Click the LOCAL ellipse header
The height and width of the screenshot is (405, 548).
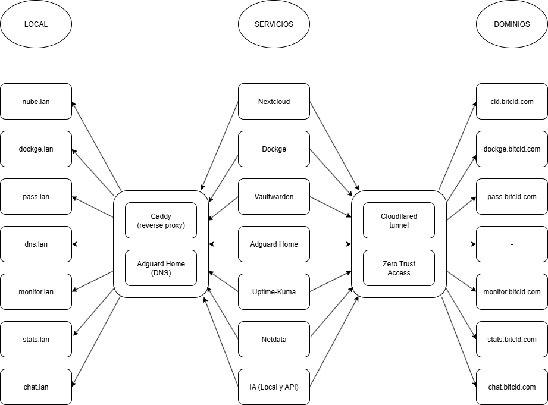36,24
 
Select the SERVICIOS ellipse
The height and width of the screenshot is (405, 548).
274,24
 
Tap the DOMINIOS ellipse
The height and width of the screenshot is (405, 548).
512,24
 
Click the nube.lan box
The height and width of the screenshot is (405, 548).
36,102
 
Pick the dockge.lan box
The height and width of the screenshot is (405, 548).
36,149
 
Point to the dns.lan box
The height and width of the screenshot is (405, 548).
36,244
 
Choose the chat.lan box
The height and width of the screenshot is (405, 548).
36,387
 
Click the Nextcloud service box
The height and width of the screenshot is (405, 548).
274,102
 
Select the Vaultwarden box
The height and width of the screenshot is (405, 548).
274,197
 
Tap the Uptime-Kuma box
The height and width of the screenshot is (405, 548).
274,292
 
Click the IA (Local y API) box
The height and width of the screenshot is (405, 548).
274,387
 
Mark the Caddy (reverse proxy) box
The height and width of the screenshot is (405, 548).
161,221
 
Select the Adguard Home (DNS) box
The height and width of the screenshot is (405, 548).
161,268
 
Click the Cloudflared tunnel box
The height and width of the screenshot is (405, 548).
399,221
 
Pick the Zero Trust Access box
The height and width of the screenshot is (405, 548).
399,268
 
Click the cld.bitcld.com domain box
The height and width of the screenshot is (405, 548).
512,102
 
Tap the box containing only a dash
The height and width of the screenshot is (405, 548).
512,244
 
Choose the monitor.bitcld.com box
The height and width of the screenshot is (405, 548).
512,292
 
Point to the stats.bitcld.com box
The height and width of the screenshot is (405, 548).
512,340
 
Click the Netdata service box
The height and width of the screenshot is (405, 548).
274,340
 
